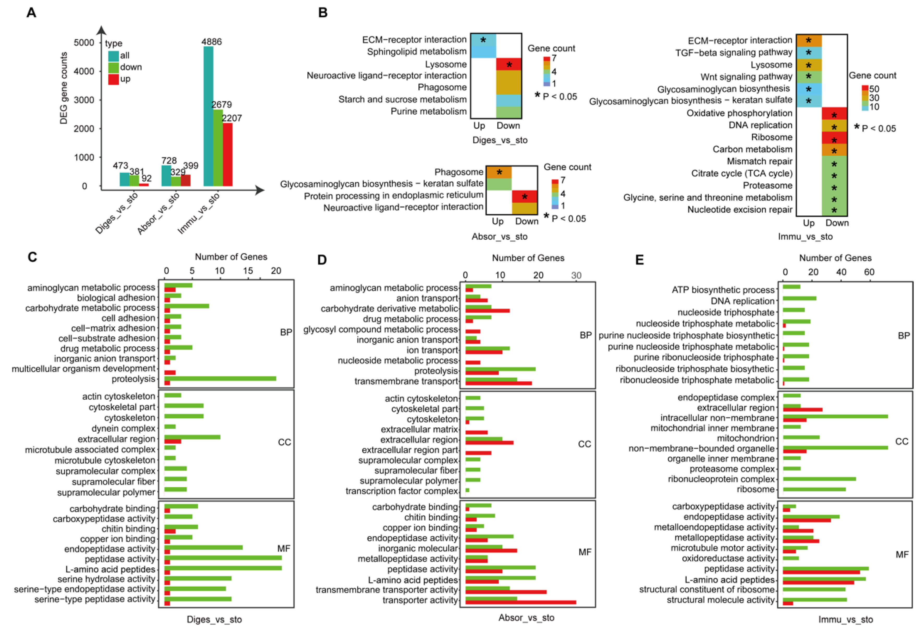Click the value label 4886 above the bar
(x=211, y=42)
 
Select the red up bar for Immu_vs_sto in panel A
(x=227, y=155)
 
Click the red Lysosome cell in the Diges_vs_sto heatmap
(x=509, y=64)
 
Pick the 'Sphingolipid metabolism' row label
(x=416, y=52)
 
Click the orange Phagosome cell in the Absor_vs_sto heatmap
(x=499, y=172)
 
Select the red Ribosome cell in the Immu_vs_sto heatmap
(x=834, y=138)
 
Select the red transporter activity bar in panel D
(x=520, y=602)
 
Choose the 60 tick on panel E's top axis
(x=869, y=272)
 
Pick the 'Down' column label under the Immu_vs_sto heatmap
(x=837, y=223)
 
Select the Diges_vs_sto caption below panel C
(x=214, y=619)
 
